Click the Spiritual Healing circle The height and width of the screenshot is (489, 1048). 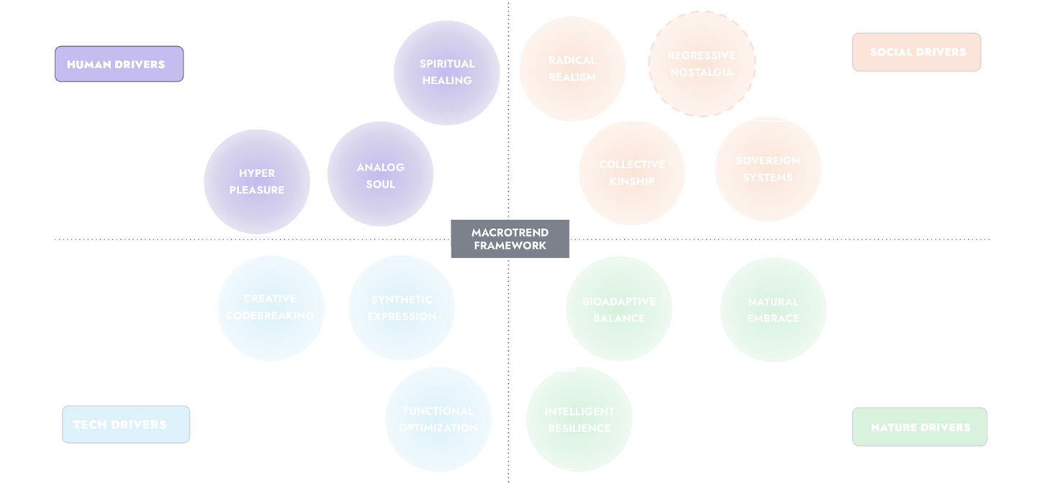point(447,72)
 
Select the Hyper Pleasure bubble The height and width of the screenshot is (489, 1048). point(257,181)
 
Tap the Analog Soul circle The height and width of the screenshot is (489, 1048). point(380,175)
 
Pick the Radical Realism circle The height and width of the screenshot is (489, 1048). point(572,69)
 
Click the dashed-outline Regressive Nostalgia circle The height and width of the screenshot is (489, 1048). point(702,64)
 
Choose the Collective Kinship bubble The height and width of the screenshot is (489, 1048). point(632,173)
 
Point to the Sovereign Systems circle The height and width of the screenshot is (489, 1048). point(768,169)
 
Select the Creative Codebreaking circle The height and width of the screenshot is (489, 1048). point(271,308)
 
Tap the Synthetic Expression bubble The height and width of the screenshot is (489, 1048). point(402,308)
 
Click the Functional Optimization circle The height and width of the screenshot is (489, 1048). point(438,419)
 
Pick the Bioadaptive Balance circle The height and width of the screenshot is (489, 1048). point(619,309)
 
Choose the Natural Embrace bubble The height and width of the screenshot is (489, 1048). point(773,310)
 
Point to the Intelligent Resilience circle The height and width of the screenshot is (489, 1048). point(579,420)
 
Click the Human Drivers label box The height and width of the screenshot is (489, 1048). point(119,64)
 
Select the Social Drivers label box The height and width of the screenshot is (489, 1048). point(916,52)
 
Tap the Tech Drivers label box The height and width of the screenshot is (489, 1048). point(126,424)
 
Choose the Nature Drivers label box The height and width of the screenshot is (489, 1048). point(919,427)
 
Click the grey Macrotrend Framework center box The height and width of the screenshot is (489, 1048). point(510,239)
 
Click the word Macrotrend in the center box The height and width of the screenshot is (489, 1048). point(510,232)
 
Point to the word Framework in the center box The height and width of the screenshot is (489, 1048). point(510,246)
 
